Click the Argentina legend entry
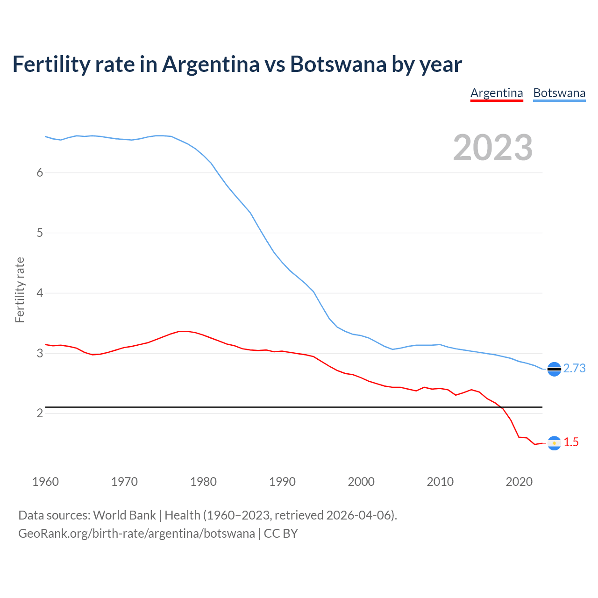click(x=496, y=93)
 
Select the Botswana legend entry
click(x=559, y=93)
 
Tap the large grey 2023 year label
click(x=493, y=148)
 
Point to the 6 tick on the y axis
click(x=40, y=173)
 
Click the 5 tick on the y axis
click(x=40, y=233)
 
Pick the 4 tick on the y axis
click(x=40, y=293)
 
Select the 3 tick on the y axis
click(x=40, y=353)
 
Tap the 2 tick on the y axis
click(x=40, y=413)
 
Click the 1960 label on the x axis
click(x=45, y=482)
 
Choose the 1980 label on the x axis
click(x=203, y=482)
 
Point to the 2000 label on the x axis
click(x=361, y=482)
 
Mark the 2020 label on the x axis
click(x=519, y=482)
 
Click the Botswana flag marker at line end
click(x=554, y=369)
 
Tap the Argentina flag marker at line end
click(x=554, y=443)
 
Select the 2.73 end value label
click(x=574, y=369)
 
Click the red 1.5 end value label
click(x=571, y=442)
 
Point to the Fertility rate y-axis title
click(x=20, y=290)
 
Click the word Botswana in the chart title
click(x=338, y=64)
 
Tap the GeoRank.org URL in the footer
click(x=136, y=534)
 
